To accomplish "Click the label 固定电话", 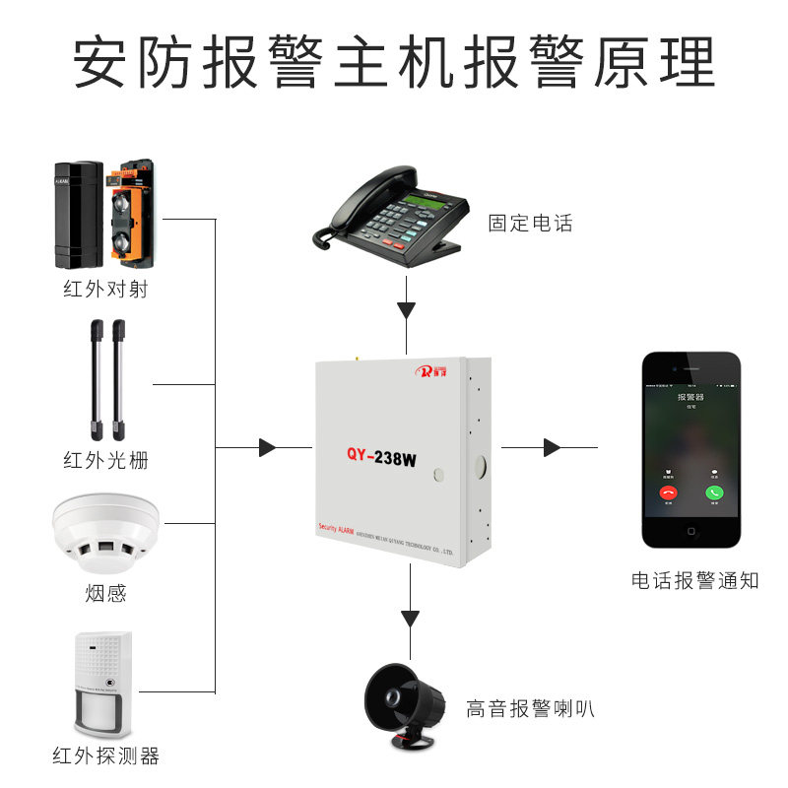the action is click(x=530, y=224).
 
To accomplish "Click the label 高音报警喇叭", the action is click(x=530, y=708).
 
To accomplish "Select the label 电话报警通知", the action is click(x=695, y=580).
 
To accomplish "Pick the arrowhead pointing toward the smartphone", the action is click(x=552, y=448).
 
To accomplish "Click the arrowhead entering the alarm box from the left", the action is click(x=267, y=448).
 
